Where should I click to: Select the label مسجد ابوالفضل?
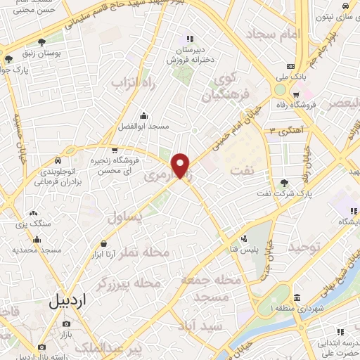pyautogui.click(x=144, y=125)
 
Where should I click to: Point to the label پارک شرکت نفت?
pyautogui.click(x=285, y=192)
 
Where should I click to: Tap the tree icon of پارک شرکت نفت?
pyautogui.click(x=284, y=184)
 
